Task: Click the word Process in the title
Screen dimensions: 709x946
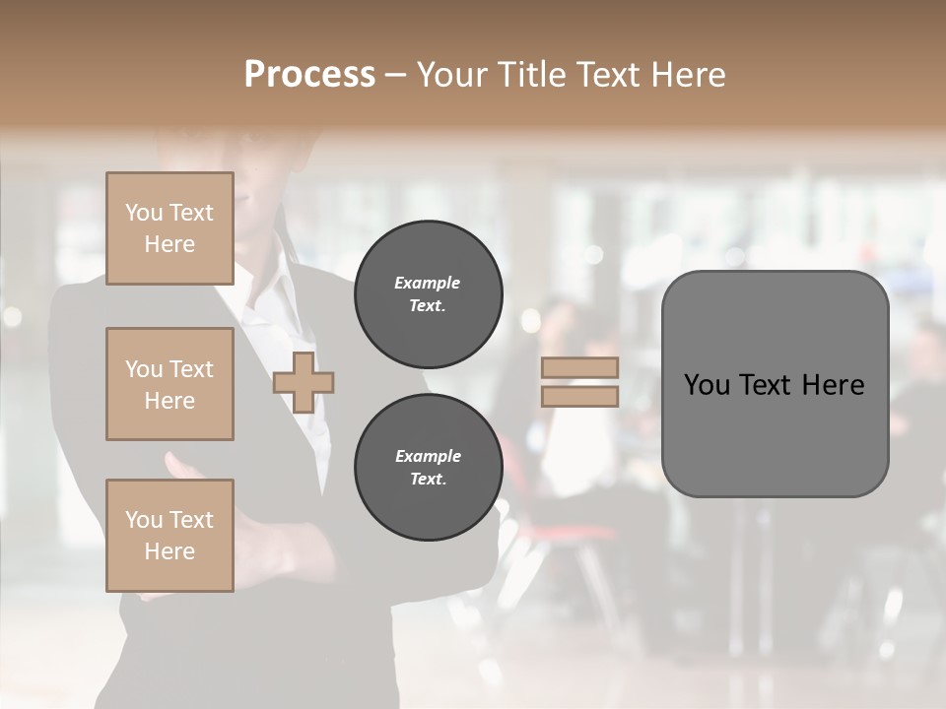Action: (x=309, y=75)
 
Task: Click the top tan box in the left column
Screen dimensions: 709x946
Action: (x=169, y=228)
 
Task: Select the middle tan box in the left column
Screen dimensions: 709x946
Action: (x=169, y=384)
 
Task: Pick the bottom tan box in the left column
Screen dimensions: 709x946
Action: (x=169, y=536)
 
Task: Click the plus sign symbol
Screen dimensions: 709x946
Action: (x=304, y=382)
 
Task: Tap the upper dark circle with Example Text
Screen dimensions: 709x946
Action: (x=428, y=293)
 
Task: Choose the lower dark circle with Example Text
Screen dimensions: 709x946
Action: (x=428, y=467)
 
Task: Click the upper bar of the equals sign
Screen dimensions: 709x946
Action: (x=579, y=368)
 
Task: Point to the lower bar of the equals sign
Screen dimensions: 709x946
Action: (x=579, y=396)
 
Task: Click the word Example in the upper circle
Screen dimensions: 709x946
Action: (x=428, y=283)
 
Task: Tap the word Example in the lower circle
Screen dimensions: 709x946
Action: (x=428, y=456)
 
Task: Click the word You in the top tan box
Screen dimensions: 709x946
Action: (x=144, y=213)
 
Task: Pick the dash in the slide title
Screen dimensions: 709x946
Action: (x=395, y=75)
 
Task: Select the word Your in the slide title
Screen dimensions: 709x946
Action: (x=450, y=75)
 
